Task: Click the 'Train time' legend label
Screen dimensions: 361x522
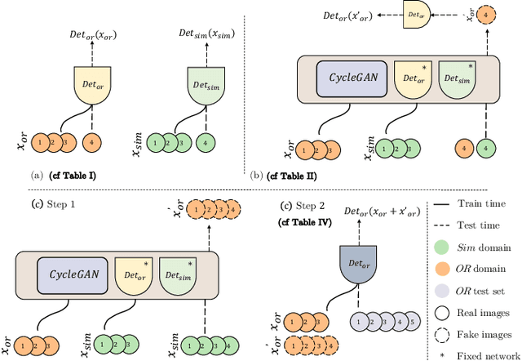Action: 479,203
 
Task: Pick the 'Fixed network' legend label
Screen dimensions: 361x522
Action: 488,353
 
